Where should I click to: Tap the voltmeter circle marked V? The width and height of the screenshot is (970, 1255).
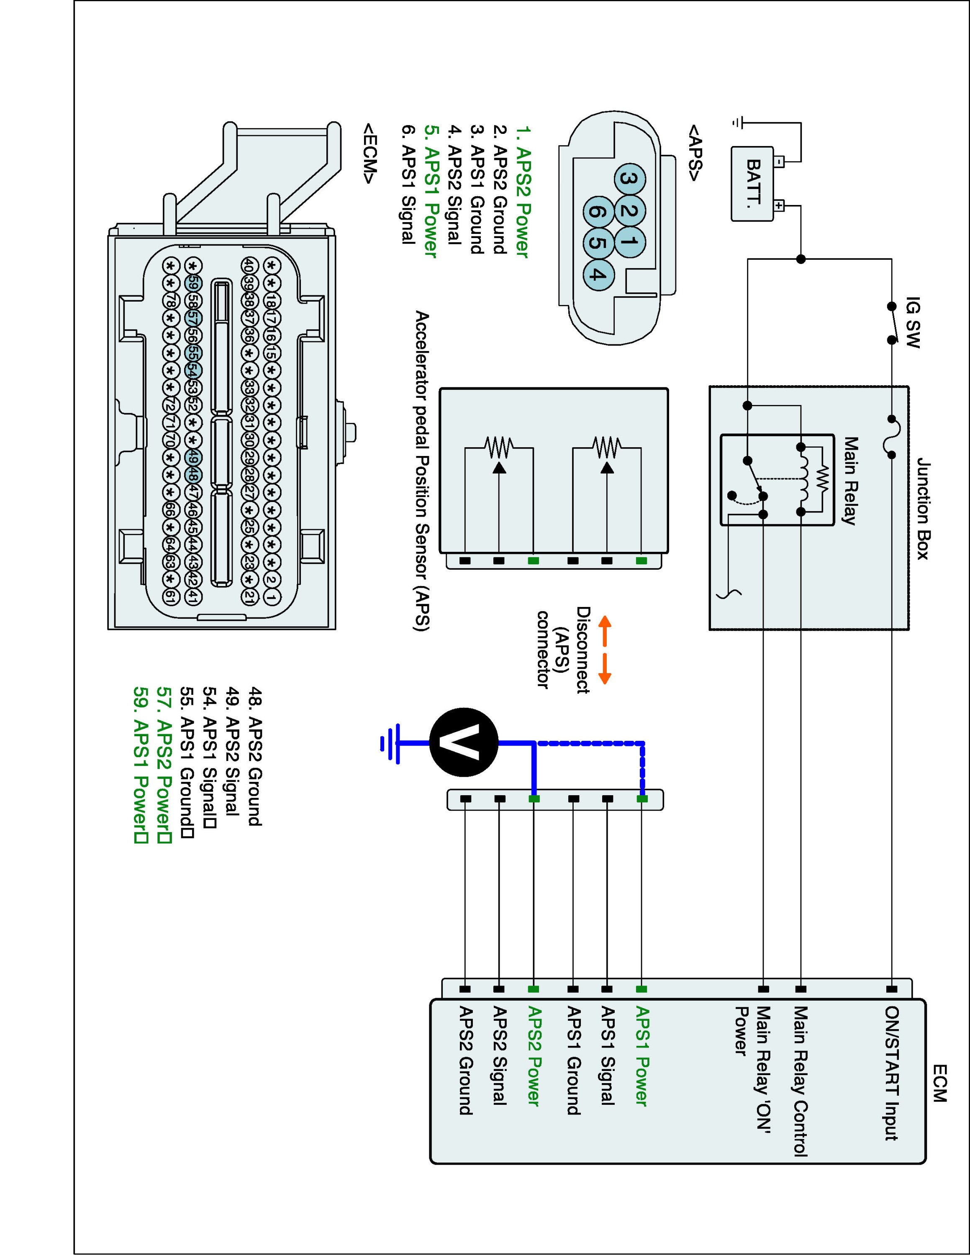(464, 743)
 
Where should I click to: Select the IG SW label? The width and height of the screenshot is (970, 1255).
(912, 323)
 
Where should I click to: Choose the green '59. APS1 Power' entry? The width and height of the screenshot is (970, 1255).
(140, 764)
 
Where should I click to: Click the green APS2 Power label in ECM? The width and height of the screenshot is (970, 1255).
(534, 1056)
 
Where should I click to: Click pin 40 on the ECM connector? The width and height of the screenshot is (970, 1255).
(248, 266)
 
